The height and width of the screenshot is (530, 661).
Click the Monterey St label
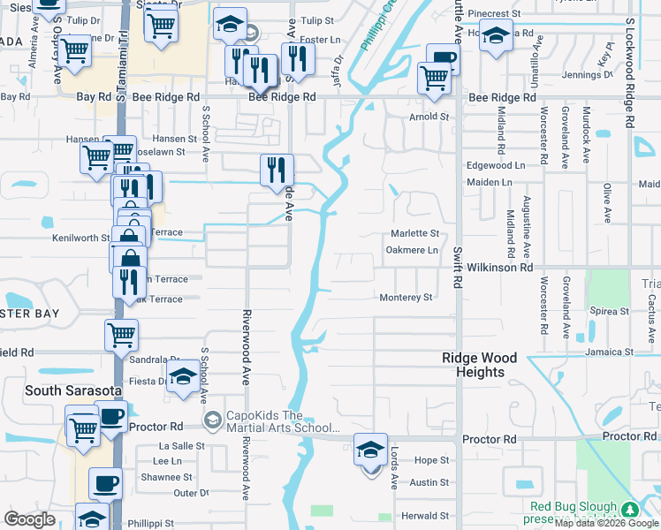(x=406, y=298)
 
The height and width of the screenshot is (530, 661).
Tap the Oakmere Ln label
(x=412, y=250)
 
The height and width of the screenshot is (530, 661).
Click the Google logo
(x=30, y=519)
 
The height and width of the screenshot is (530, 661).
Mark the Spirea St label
(x=608, y=311)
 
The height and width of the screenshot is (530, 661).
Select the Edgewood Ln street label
(x=489, y=165)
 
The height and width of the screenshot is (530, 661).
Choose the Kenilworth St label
(x=80, y=238)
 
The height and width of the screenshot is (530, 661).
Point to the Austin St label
(x=431, y=482)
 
